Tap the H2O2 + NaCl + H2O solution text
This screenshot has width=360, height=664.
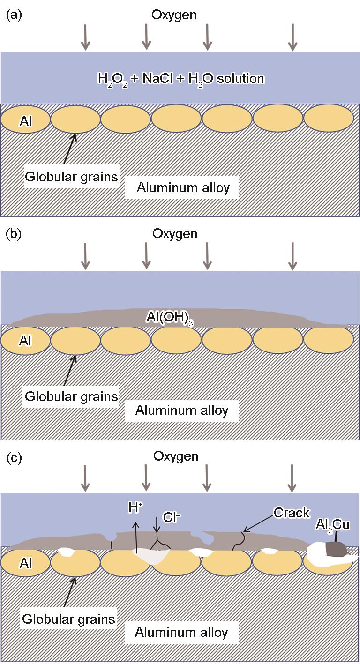coord(181,78)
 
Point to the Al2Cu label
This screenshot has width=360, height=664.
coord(331,524)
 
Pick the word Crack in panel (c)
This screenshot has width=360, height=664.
coord(292,513)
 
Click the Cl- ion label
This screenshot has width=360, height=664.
coord(172,517)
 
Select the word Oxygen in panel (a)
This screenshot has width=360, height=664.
coord(173,15)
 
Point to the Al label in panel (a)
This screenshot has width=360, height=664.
coord(26,121)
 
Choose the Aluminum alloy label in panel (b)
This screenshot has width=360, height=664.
coord(182,410)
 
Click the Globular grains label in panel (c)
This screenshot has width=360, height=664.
coord(69,619)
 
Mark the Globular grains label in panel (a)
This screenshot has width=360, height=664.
coord(72,177)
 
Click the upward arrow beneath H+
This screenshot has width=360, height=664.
coord(136,534)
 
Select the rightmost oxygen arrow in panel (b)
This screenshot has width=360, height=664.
coord(292,256)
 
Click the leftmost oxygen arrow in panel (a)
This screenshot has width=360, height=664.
coord(85,37)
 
